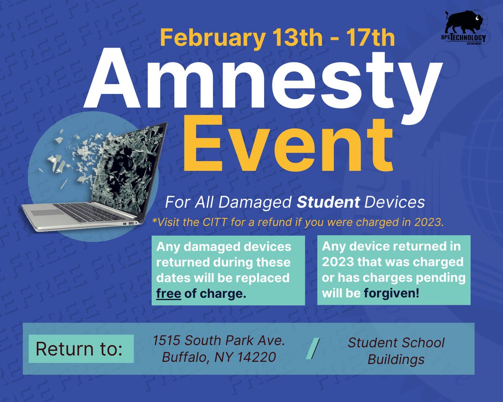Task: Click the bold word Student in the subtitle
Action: pyautogui.click(x=328, y=202)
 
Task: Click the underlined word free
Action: pyautogui.click(x=169, y=293)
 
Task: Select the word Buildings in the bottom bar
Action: pyautogui.click(x=396, y=359)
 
